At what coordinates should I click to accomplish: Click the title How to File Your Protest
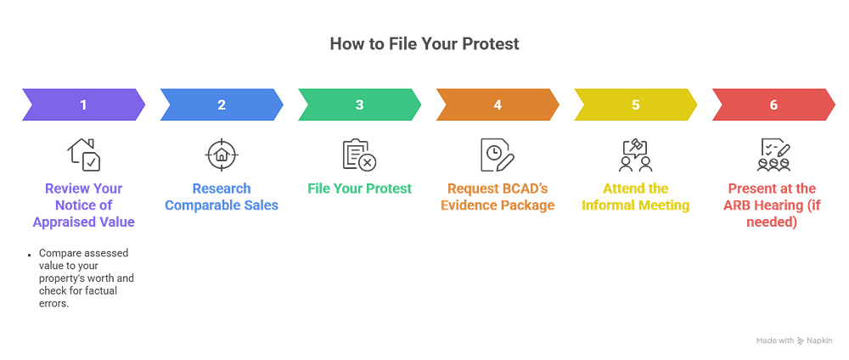(x=424, y=44)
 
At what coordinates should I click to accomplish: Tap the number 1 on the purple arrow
(x=83, y=104)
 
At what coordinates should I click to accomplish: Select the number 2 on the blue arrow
(x=222, y=104)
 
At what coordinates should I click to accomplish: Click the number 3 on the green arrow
(x=359, y=104)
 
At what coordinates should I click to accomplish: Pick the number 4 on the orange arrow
(x=498, y=104)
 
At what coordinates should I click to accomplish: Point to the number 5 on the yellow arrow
(x=636, y=104)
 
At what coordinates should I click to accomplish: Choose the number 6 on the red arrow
(x=773, y=104)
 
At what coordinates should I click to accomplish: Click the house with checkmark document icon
(x=84, y=155)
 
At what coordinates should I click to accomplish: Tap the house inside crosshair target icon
(x=222, y=155)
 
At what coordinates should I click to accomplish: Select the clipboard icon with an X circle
(x=359, y=155)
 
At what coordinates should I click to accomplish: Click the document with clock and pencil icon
(x=498, y=155)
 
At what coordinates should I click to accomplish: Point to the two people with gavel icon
(x=636, y=155)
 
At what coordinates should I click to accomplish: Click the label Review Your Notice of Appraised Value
(x=83, y=205)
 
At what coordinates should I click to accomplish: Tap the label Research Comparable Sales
(x=222, y=197)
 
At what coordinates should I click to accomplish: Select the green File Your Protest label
(x=359, y=188)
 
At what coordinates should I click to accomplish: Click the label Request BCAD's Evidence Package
(x=498, y=197)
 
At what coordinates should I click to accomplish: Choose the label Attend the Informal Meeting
(x=636, y=197)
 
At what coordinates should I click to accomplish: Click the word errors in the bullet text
(x=55, y=304)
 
